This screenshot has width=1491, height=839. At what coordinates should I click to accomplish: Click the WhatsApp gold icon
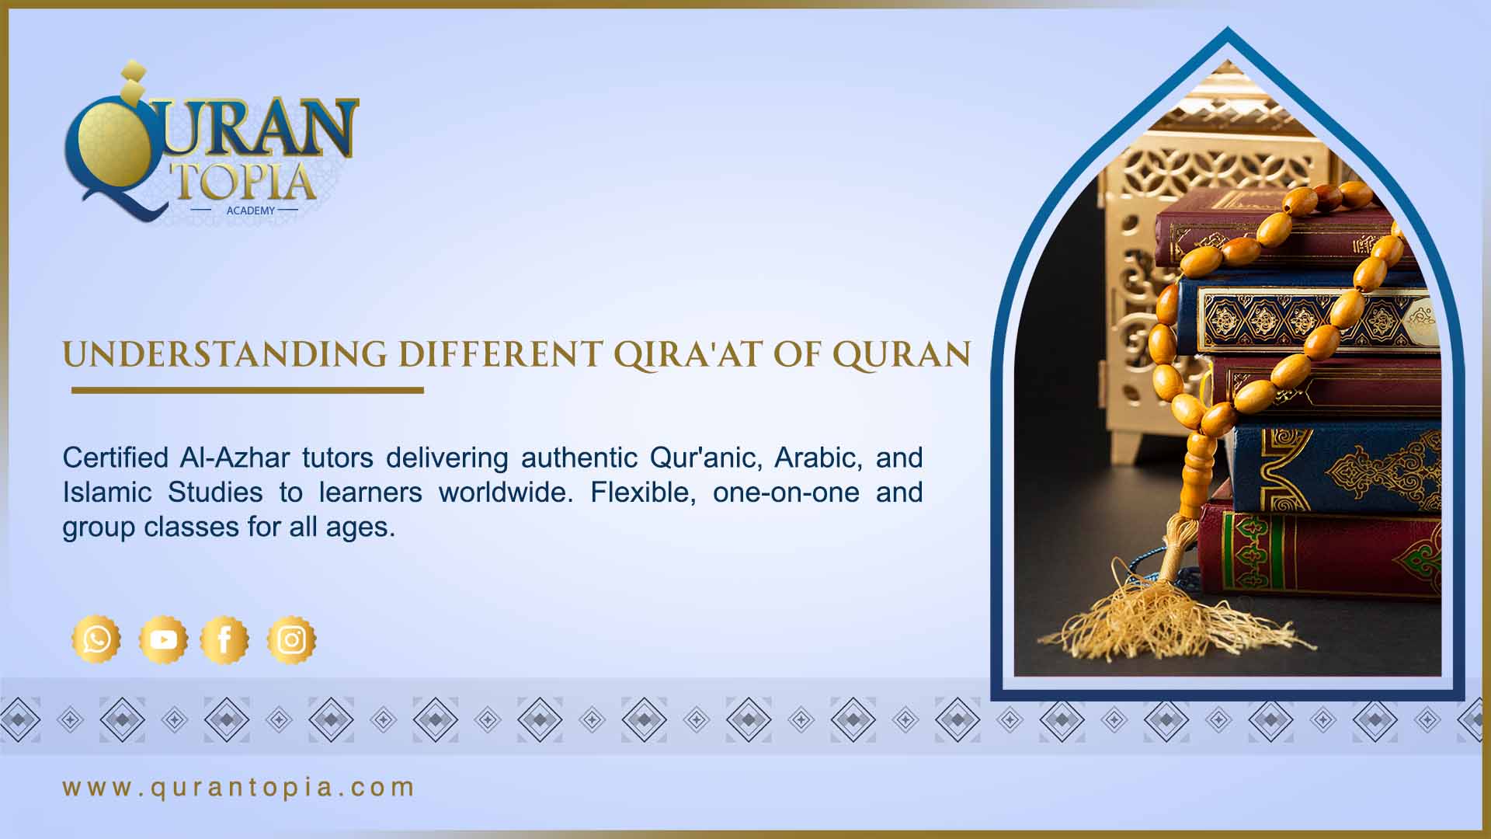96,640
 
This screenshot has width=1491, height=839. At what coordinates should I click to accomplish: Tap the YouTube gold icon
163,640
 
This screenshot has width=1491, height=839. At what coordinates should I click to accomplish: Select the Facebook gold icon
224,640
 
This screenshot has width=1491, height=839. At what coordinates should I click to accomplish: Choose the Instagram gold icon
291,640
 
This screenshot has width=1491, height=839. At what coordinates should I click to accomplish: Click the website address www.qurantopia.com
238,787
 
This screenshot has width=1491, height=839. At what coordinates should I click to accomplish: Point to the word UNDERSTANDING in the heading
224,355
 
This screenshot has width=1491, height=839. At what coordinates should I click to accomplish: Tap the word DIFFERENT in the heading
500,355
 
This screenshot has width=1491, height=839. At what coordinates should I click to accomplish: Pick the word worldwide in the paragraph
505,493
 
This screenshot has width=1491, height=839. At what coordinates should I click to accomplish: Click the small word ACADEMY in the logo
250,211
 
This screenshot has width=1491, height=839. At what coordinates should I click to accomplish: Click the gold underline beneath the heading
247,390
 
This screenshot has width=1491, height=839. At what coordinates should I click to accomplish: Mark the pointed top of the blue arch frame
1227,33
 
